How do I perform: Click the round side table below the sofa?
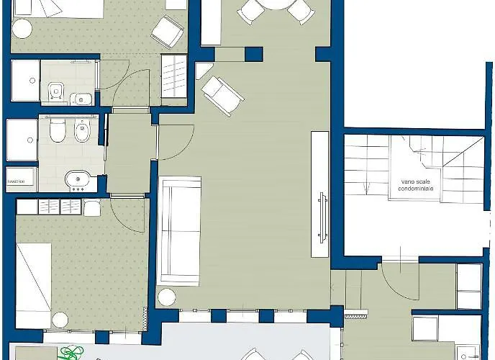(167, 296)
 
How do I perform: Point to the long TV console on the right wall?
(319, 194)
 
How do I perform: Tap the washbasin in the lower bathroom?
(76, 179)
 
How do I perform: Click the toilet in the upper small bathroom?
(55, 91)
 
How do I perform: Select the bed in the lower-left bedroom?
(34, 284)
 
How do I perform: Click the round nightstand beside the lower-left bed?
(58, 318)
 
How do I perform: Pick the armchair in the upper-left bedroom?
(168, 30)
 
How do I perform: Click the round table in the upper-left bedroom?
(22, 28)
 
